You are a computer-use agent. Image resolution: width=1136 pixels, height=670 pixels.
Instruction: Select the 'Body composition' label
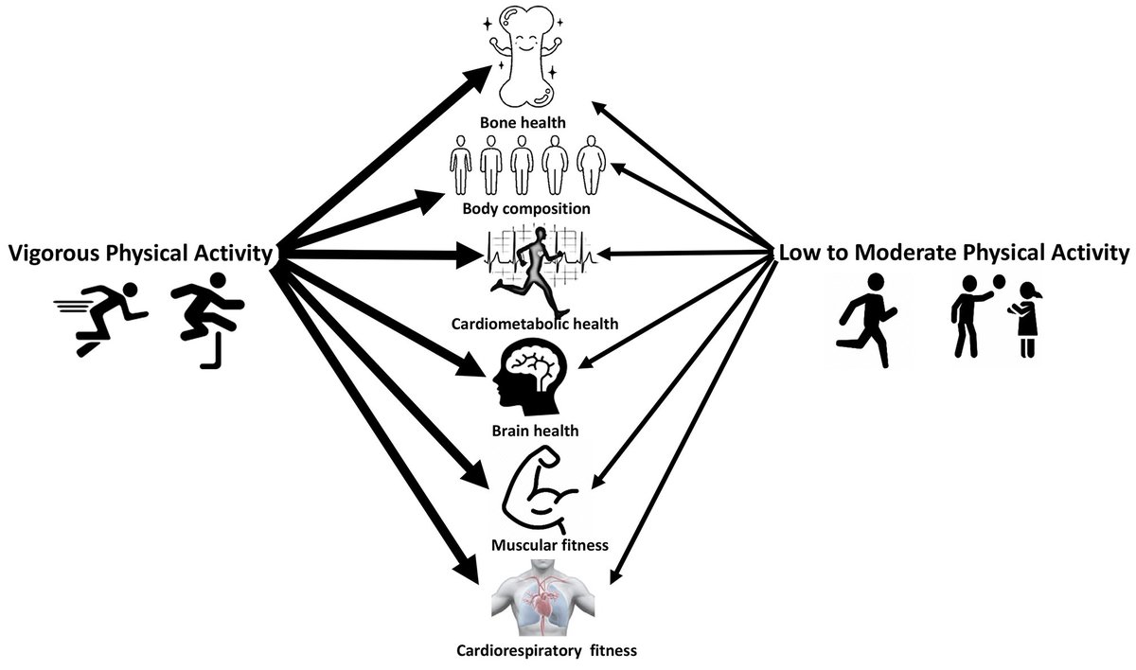527,207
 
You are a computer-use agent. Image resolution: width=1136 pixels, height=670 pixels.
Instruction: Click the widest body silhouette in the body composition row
593,165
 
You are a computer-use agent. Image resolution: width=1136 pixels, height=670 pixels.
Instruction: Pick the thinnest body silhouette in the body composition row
460,165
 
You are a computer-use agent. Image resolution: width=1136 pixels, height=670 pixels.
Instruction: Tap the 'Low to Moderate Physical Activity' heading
953,253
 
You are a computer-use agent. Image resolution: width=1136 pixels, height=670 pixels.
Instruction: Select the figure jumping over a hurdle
204,318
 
